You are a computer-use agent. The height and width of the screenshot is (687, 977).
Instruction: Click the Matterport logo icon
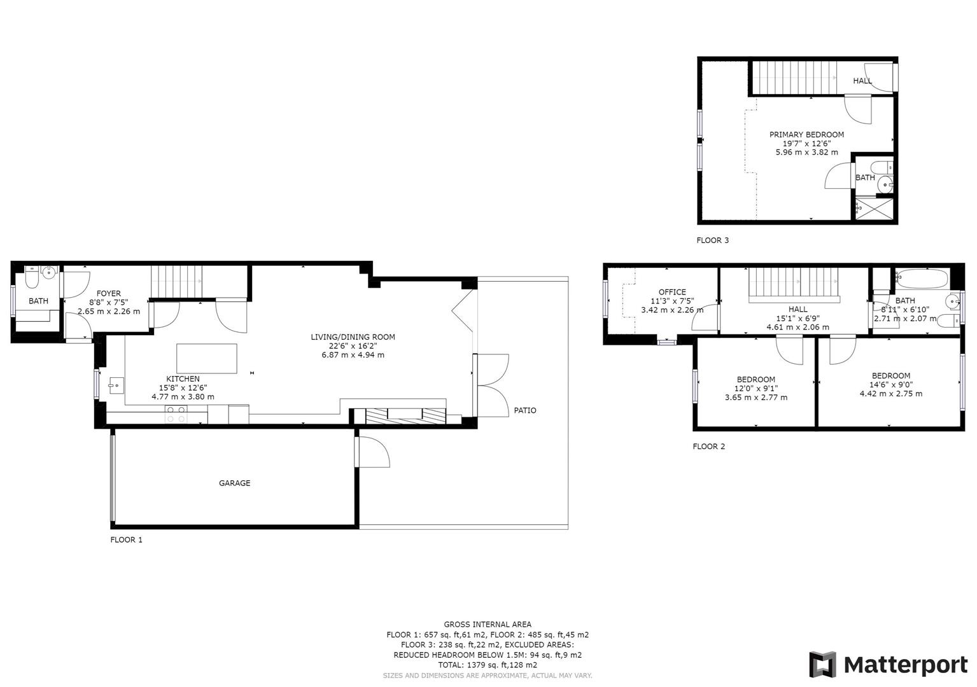click(x=822, y=665)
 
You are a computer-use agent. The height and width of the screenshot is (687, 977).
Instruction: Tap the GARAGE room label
click(x=234, y=483)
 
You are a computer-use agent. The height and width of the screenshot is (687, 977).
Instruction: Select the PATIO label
click(x=525, y=410)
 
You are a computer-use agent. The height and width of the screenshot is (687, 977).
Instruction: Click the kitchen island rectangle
click(x=206, y=359)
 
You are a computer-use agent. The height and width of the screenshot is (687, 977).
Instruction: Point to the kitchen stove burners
click(x=176, y=415)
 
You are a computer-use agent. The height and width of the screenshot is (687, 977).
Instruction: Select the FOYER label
click(x=109, y=293)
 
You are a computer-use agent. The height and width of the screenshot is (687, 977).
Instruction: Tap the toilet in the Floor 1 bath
click(x=32, y=279)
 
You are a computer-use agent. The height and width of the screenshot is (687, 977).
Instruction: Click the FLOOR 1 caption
click(x=126, y=539)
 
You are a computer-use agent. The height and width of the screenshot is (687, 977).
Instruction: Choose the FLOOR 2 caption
click(x=708, y=446)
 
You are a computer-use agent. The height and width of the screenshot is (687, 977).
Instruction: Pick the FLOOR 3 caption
click(x=712, y=240)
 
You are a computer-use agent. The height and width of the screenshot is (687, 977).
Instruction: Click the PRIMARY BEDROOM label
click(x=806, y=134)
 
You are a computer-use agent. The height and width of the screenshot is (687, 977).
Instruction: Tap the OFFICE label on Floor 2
click(x=672, y=292)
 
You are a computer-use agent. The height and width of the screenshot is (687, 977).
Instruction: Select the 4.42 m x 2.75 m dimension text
click(x=890, y=394)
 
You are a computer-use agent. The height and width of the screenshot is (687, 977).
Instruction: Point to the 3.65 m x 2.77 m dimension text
click(x=756, y=398)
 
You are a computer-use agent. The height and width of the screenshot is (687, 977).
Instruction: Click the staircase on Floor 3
click(x=794, y=78)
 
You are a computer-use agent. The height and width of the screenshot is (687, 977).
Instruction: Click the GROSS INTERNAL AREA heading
click(x=487, y=624)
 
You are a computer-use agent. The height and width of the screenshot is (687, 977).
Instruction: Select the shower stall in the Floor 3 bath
click(x=873, y=208)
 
